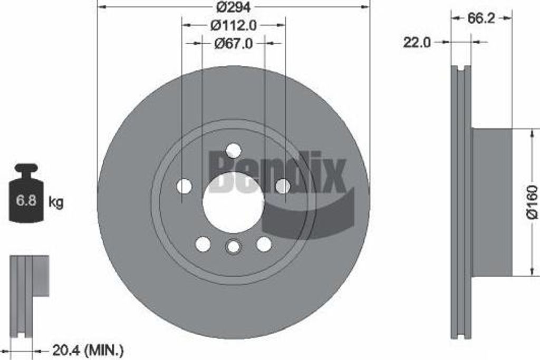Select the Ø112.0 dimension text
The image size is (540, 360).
click(233, 25)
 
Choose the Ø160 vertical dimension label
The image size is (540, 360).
click(532, 201)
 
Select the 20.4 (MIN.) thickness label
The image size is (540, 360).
click(88, 349)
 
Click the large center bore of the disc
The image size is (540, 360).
click(233, 202)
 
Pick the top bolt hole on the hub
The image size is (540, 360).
click(233, 151)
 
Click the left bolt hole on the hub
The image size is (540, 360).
click(184, 186)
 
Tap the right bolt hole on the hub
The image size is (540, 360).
click(283, 186)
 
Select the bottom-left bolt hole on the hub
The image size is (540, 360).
click(203, 244)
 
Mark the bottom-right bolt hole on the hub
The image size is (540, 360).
click(264, 244)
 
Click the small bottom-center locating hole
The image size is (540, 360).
click(233, 246)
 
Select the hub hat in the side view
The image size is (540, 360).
click(491, 202)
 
